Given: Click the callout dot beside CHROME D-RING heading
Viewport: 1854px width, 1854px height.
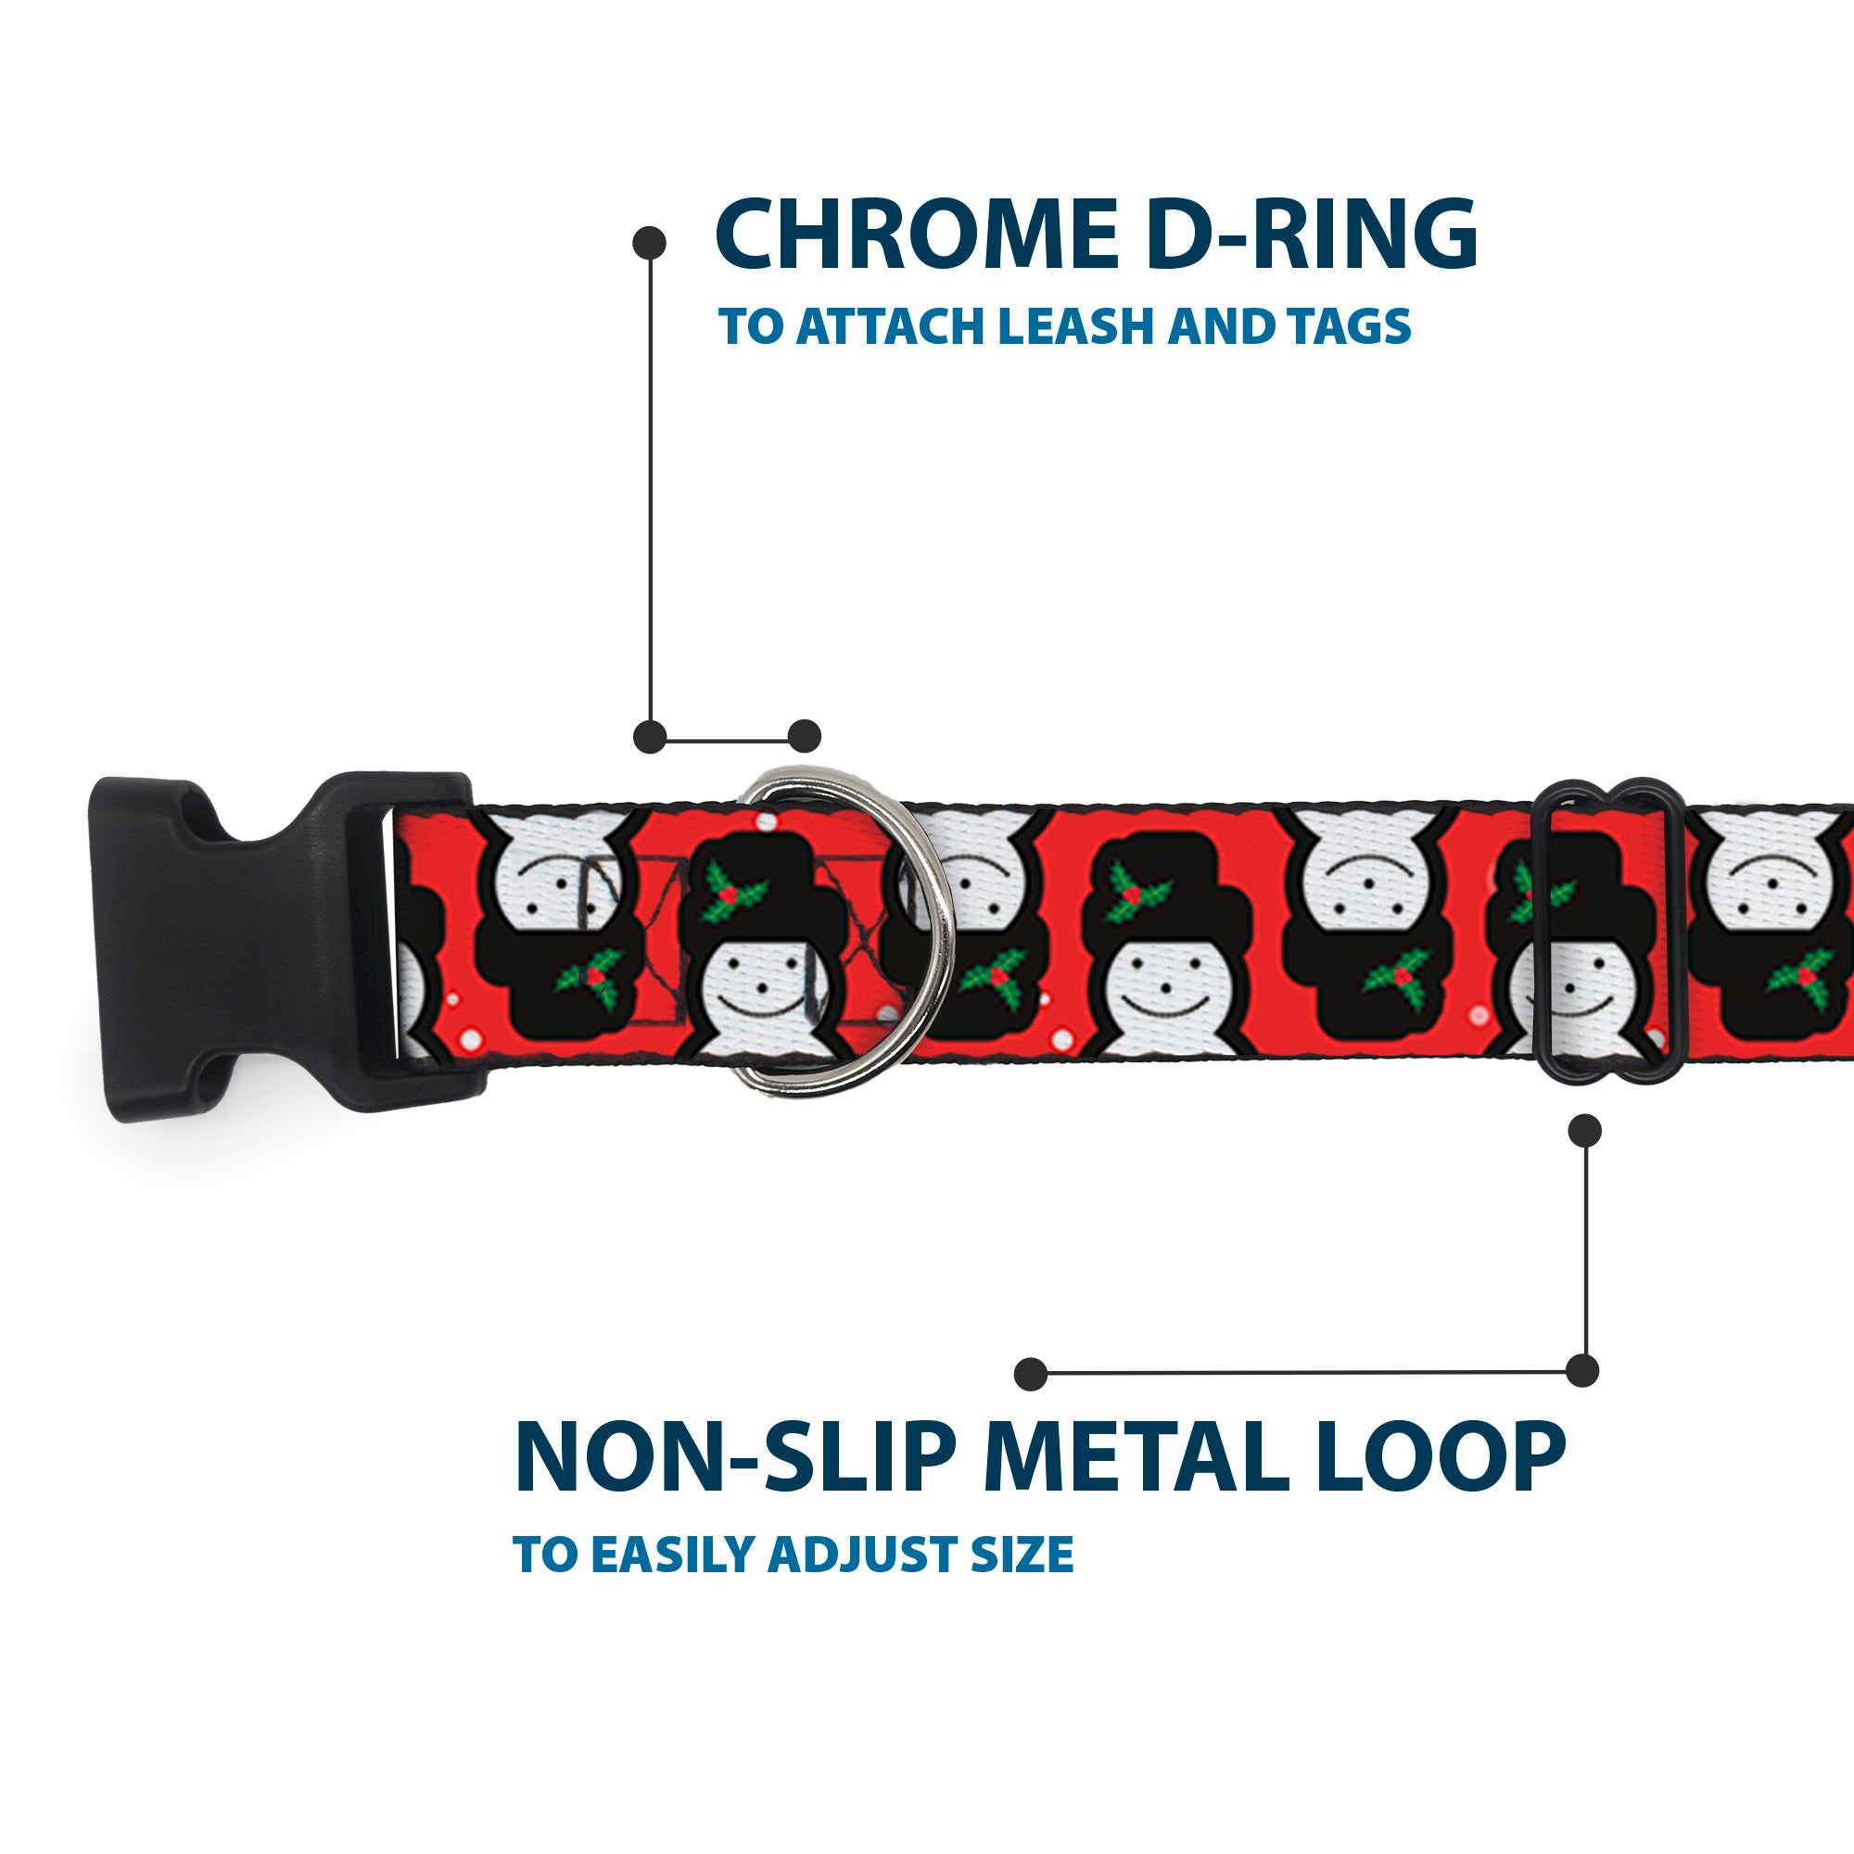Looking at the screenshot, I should tap(650, 242).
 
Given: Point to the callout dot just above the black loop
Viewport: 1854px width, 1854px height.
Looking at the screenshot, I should tap(1584, 1130).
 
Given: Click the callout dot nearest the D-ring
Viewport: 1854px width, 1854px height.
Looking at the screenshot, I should tap(804, 736).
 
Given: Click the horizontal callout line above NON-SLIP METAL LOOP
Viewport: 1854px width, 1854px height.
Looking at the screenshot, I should tap(1305, 1373).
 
